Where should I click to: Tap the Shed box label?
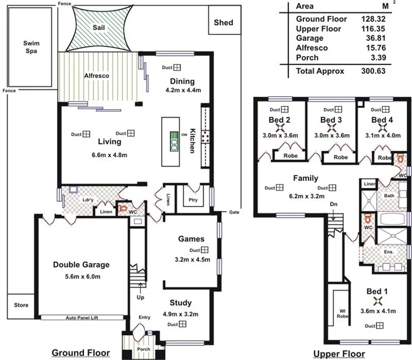coord(223,23)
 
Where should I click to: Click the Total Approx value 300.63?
coord(375,71)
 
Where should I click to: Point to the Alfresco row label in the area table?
coord(312,48)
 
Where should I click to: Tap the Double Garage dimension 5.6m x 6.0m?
coord(81,277)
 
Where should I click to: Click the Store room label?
coord(21,304)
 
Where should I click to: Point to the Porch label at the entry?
coord(143,349)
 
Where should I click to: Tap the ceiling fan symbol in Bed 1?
coord(378,302)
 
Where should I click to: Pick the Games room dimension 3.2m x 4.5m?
coord(192,259)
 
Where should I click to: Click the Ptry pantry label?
coord(194,200)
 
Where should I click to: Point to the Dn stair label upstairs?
coord(333,204)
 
